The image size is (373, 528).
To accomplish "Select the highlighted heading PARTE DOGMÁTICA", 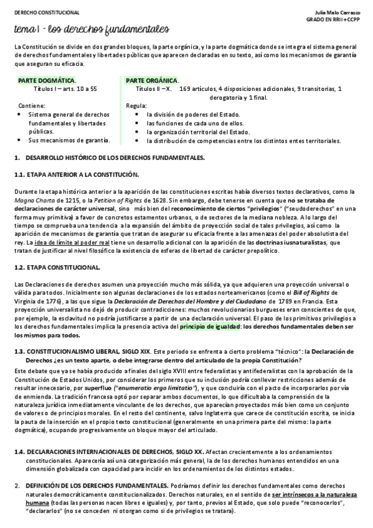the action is coord(47,81).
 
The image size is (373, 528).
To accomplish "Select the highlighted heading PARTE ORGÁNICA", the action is coord(151,81).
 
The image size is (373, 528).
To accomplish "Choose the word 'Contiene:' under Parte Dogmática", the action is coord(31,105).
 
